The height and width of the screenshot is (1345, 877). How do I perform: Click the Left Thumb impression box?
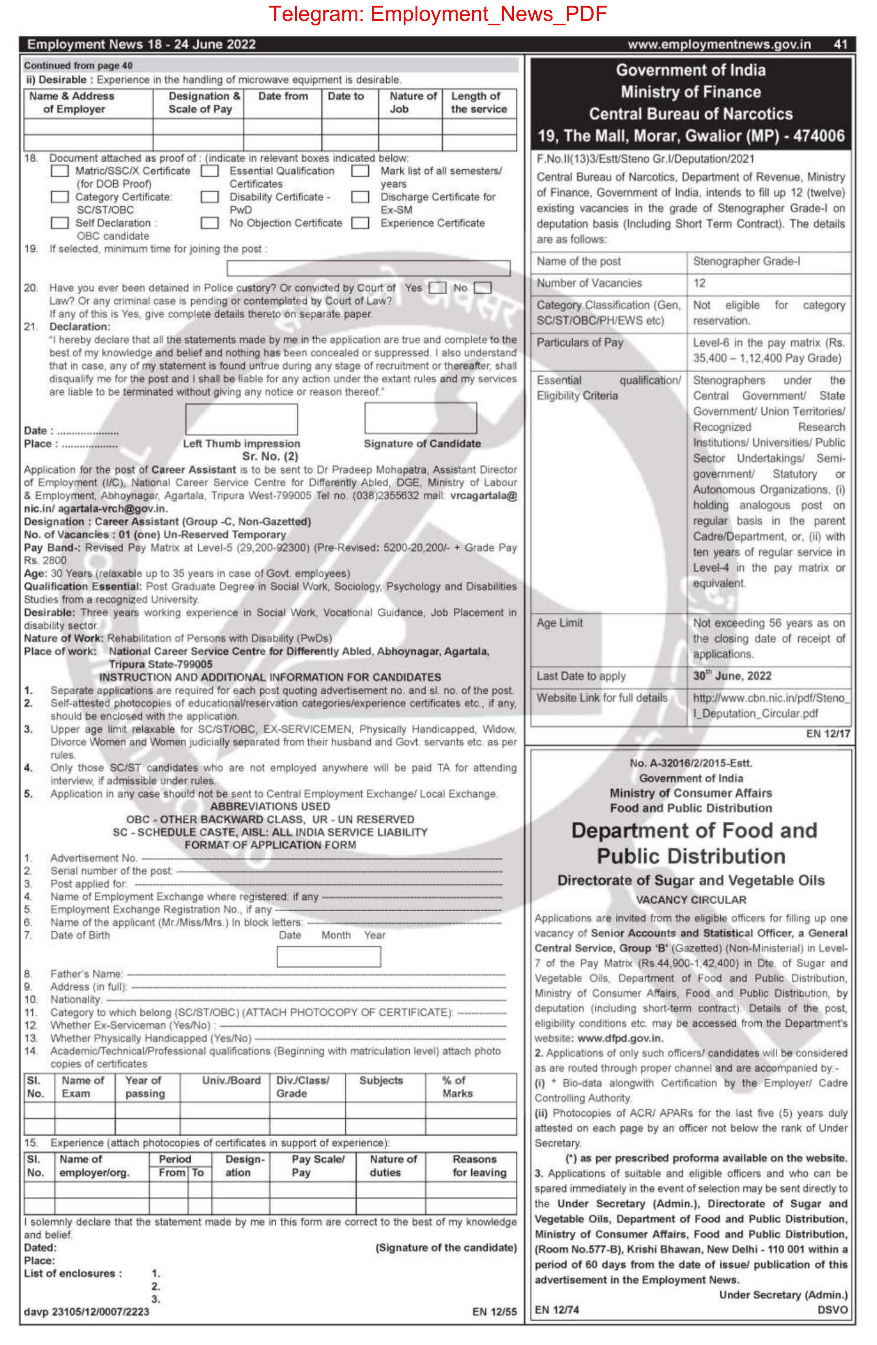coord(242,419)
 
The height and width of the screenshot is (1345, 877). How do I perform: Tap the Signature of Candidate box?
coord(421,418)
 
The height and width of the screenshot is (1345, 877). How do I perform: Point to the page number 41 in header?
coord(840,44)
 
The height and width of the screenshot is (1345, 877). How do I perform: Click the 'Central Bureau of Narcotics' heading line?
coord(690,114)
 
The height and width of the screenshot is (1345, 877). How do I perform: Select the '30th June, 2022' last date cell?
coord(732,676)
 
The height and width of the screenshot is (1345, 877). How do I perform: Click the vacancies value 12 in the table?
coord(700,283)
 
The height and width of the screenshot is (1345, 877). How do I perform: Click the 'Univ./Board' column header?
coord(231,1080)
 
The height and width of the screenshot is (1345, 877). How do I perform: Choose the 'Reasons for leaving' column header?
coord(479,1165)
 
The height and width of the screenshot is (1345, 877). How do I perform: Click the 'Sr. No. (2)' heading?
coord(270,456)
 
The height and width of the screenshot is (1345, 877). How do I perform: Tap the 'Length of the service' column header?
coord(478,102)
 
